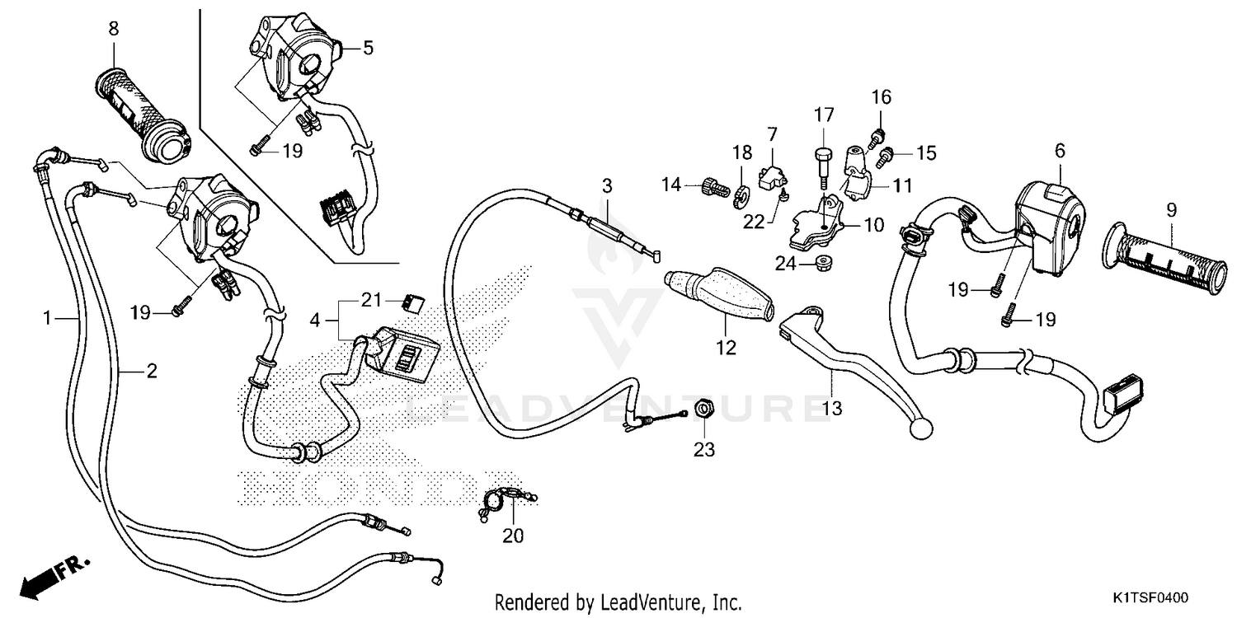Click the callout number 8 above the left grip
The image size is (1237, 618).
pos(113,29)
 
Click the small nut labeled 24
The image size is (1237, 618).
pos(821,264)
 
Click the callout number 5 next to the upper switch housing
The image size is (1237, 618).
pos(368,48)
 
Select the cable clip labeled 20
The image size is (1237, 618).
pos(499,501)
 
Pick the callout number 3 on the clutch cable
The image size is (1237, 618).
pos(606,185)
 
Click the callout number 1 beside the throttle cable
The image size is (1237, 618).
pos(48,317)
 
